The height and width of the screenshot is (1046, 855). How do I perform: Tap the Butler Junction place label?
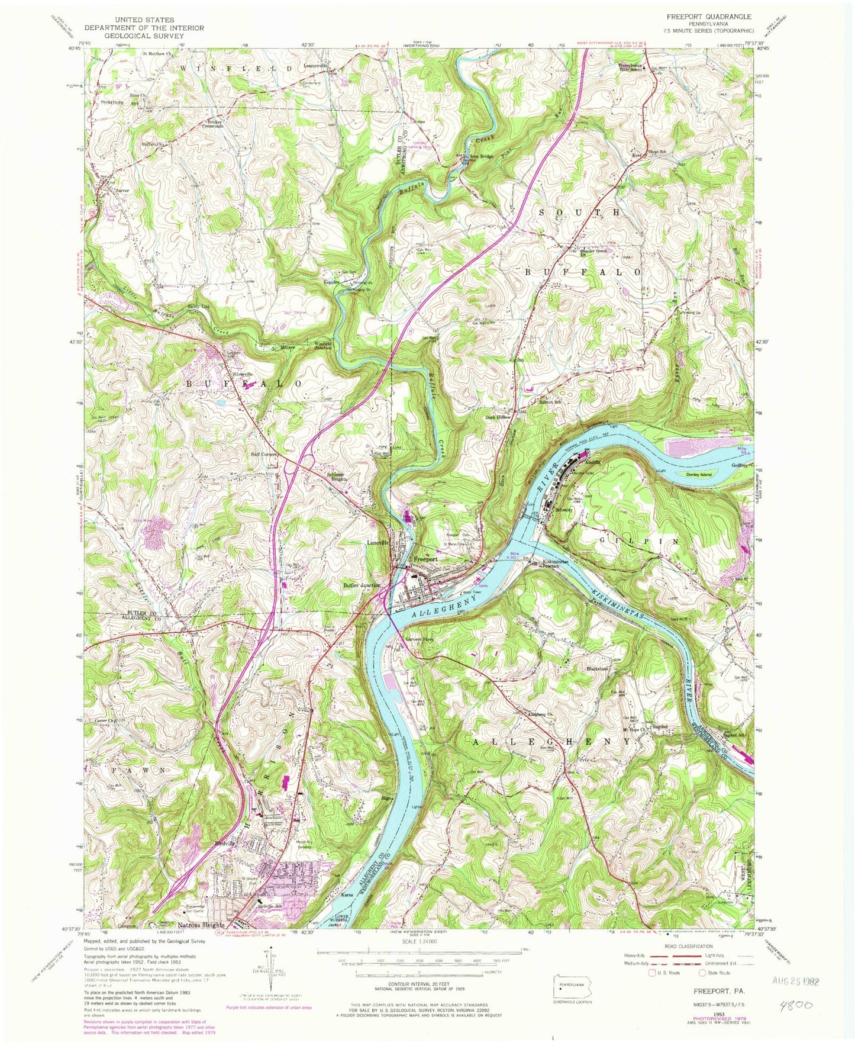(x=362, y=585)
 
